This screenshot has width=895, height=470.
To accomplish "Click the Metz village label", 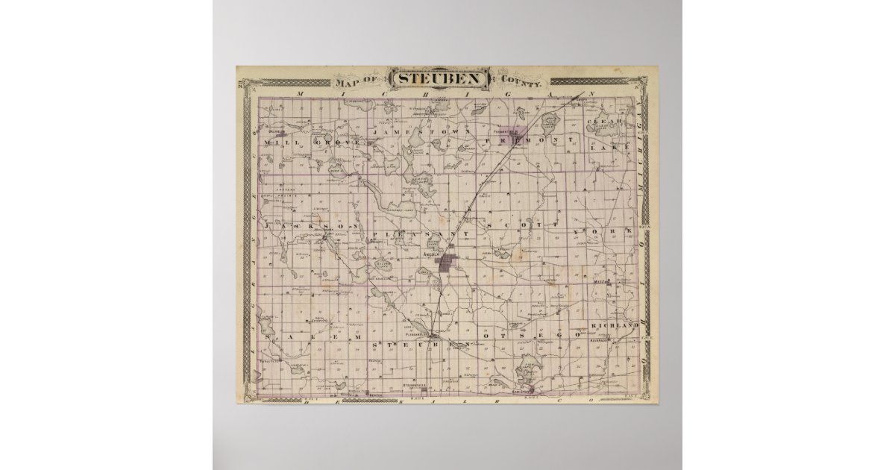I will (602, 283).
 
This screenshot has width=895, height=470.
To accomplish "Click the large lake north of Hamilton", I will (530, 368).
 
